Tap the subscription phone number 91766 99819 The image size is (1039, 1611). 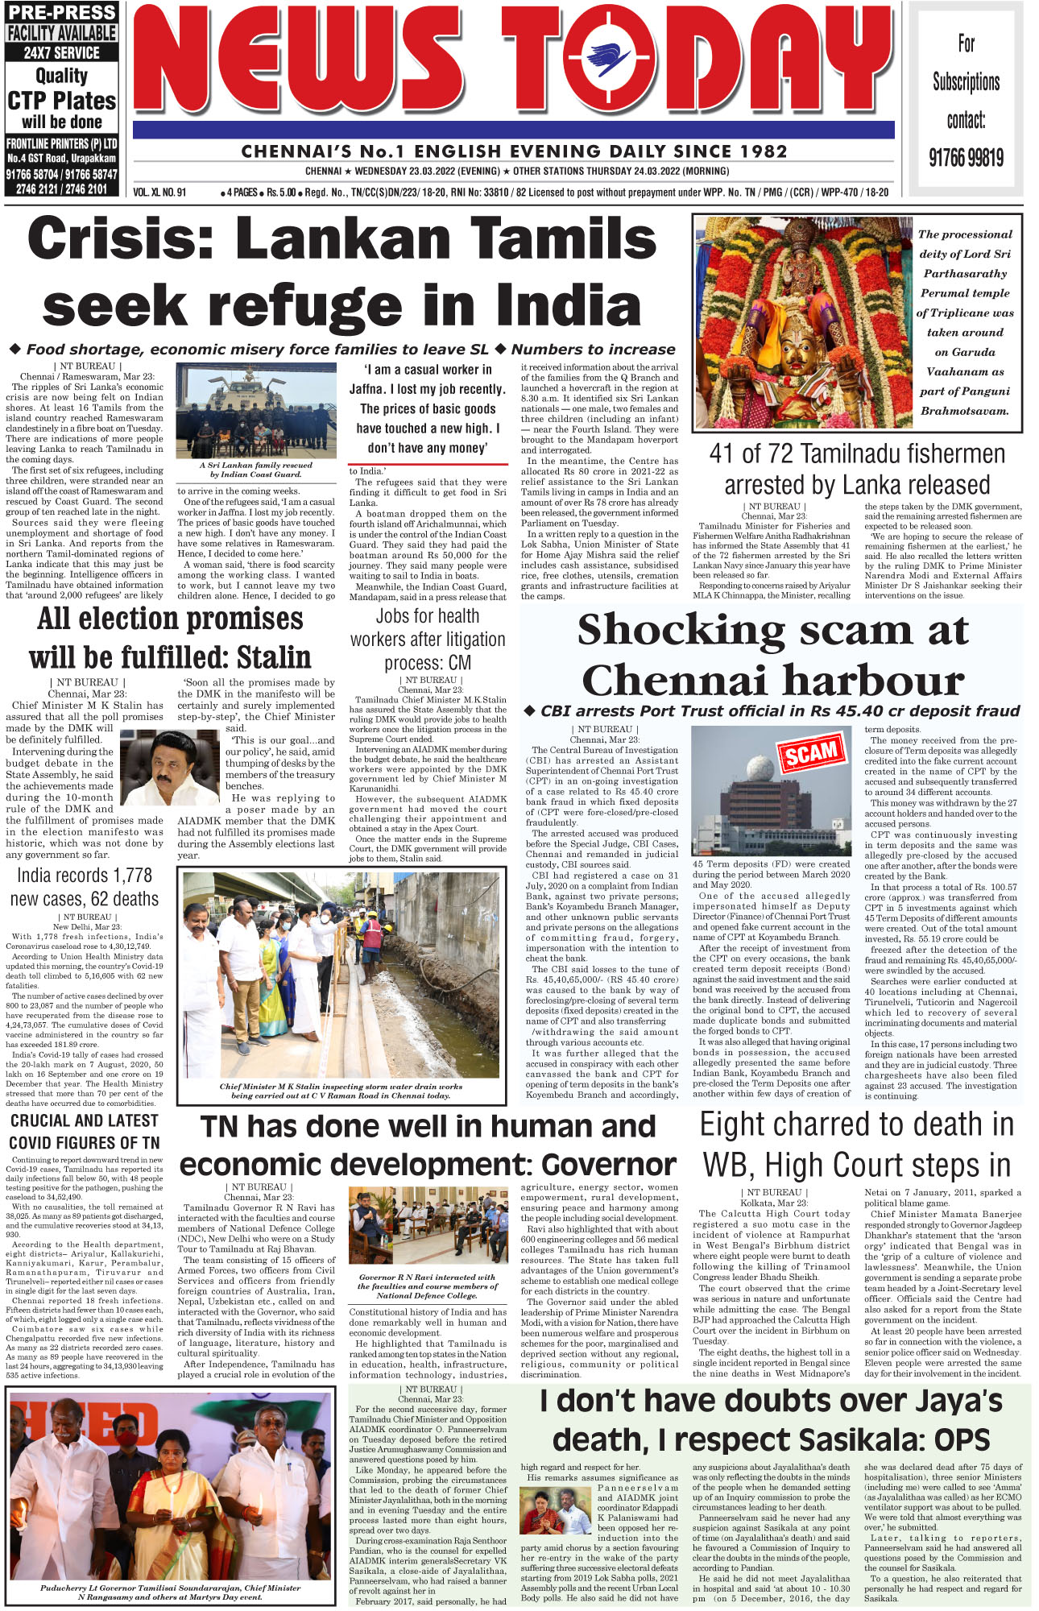[966, 157]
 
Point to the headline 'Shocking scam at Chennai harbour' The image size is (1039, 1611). [772, 655]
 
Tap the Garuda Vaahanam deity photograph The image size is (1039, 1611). [801, 321]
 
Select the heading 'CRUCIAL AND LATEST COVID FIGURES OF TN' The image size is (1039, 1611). [85, 1131]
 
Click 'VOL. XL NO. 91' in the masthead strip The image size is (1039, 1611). [159, 193]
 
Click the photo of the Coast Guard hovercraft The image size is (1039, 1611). [255, 411]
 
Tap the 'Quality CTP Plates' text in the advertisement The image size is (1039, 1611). [62, 89]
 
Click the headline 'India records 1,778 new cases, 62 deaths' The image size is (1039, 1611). [85, 887]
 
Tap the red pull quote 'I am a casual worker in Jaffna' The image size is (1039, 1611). [428, 408]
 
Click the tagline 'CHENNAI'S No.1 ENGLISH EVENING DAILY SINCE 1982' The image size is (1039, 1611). [514, 151]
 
